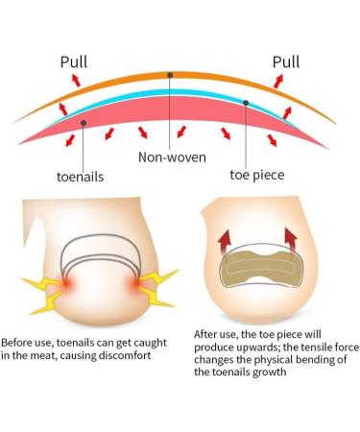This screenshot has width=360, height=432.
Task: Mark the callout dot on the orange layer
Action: coord(170,74)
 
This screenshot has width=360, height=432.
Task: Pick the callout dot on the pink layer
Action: coord(84,123)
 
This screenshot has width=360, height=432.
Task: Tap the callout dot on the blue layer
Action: coord(247,103)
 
